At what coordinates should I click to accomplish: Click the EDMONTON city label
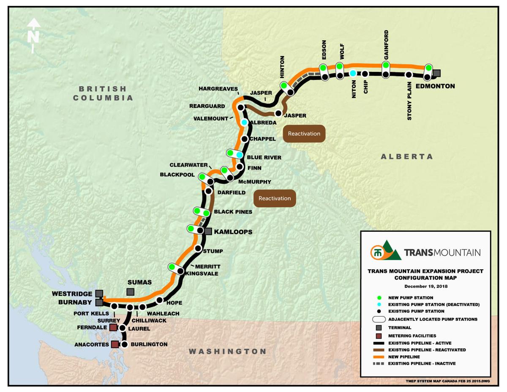pos(435,86)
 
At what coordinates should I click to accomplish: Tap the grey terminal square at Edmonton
pos(437,73)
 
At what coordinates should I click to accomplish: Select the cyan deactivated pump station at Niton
pos(353,73)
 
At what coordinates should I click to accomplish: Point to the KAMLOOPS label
pos(233,232)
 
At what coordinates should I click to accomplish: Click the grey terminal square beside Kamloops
pos(208,231)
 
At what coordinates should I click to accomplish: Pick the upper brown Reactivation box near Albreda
pos(304,134)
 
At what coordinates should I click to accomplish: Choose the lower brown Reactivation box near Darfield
pos(275,198)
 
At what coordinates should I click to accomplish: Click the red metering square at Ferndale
pos(113,327)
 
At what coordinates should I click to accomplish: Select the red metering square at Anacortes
pos(114,345)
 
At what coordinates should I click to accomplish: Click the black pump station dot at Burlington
pos(125,345)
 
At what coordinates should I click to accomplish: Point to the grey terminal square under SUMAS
pos(131,292)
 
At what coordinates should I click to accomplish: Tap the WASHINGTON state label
pos(228,351)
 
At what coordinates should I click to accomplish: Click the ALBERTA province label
pos(407,156)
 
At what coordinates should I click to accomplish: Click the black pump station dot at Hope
pos(160,300)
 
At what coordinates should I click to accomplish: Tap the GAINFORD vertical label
pos(386,44)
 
